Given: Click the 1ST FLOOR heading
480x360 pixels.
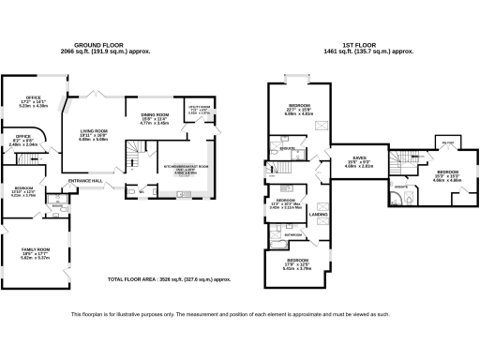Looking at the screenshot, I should pyautogui.click(x=362, y=44).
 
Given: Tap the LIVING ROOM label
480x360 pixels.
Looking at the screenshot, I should pyautogui.click(x=94, y=131).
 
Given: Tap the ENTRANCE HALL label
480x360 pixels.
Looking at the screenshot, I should pyautogui.click(x=85, y=182).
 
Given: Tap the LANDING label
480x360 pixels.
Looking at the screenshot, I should pyautogui.click(x=318, y=216).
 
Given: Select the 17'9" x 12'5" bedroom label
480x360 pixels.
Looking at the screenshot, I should pyautogui.click(x=297, y=260).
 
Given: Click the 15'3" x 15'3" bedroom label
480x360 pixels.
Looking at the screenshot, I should pyautogui.click(x=447, y=172).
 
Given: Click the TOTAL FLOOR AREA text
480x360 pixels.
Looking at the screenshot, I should pyautogui.click(x=169, y=279).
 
